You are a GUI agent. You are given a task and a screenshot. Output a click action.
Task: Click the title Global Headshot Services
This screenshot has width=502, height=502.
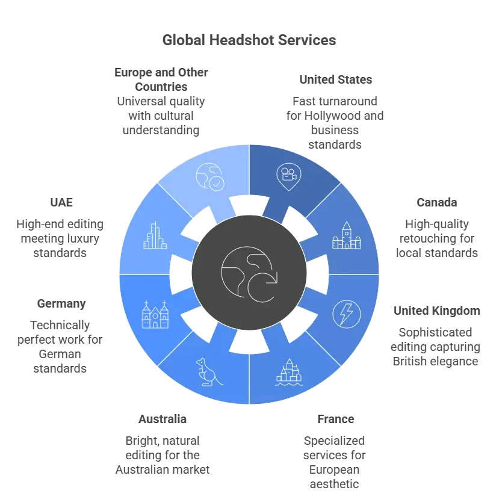pyautogui.click(x=249, y=40)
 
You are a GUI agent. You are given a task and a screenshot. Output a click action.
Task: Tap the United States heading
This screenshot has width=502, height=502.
pyautogui.click(x=335, y=79)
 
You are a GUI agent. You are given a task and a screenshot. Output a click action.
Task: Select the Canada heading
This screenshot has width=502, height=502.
pyautogui.click(x=436, y=202)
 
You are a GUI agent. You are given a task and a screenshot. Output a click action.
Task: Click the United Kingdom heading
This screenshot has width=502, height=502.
pyautogui.click(x=436, y=311)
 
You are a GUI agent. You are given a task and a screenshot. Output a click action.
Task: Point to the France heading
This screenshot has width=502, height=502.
pyautogui.click(x=335, y=419)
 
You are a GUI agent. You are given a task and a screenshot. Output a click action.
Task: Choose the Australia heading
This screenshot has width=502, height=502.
pyautogui.click(x=163, y=419)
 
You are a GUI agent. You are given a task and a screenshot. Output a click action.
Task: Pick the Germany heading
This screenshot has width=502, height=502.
pyautogui.click(x=61, y=303)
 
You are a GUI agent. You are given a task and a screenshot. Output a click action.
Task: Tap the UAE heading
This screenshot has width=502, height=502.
pyautogui.click(x=61, y=202)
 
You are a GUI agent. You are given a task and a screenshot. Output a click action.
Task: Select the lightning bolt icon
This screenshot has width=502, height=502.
pyautogui.click(x=347, y=314)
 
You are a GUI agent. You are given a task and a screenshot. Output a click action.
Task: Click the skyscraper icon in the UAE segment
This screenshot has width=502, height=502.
pyautogui.click(x=155, y=235)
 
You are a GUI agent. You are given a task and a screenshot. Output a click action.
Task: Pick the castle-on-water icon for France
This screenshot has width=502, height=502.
pyautogui.click(x=289, y=372)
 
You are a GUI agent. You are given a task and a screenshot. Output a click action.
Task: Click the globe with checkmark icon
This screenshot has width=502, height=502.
pyautogui.click(x=210, y=177)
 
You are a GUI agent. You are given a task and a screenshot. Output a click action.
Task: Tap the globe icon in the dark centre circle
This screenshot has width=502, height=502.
pyautogui.click(x=249, y=274)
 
